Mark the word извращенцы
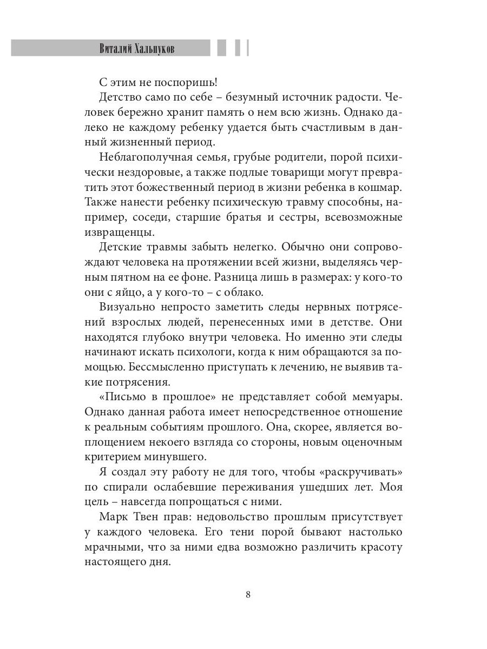click(x=120, y=233)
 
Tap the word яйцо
click(x=137, y=292)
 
